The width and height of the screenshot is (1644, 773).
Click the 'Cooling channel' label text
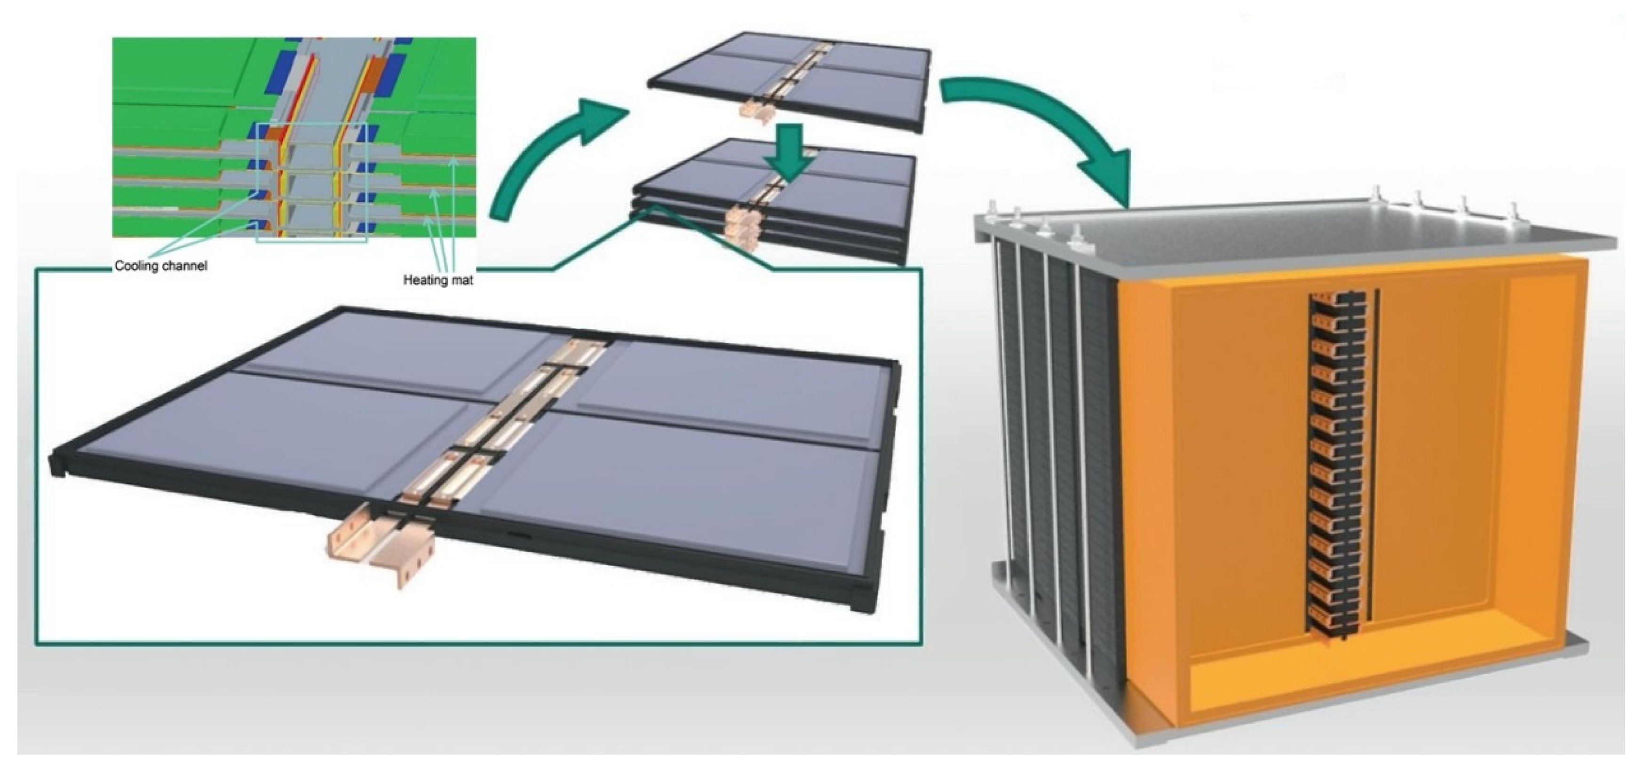tap(161, 266)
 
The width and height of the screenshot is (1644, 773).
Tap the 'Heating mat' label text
tap(438, 280)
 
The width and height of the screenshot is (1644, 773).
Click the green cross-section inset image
tap(294, 137)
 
